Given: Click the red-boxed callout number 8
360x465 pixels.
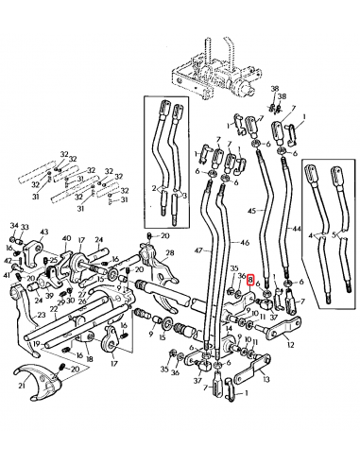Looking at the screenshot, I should pos(249,281).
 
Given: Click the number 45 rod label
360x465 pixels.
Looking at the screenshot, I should pos(250,210).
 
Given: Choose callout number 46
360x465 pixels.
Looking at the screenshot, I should pos(232,242).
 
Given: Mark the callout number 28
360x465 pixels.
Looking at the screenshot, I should pos(170,253).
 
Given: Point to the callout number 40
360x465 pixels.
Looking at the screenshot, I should pos(66,240).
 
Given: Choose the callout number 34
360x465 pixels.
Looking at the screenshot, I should pos(13,227).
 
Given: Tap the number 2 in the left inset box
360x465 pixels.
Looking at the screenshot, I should pos(154,189).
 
